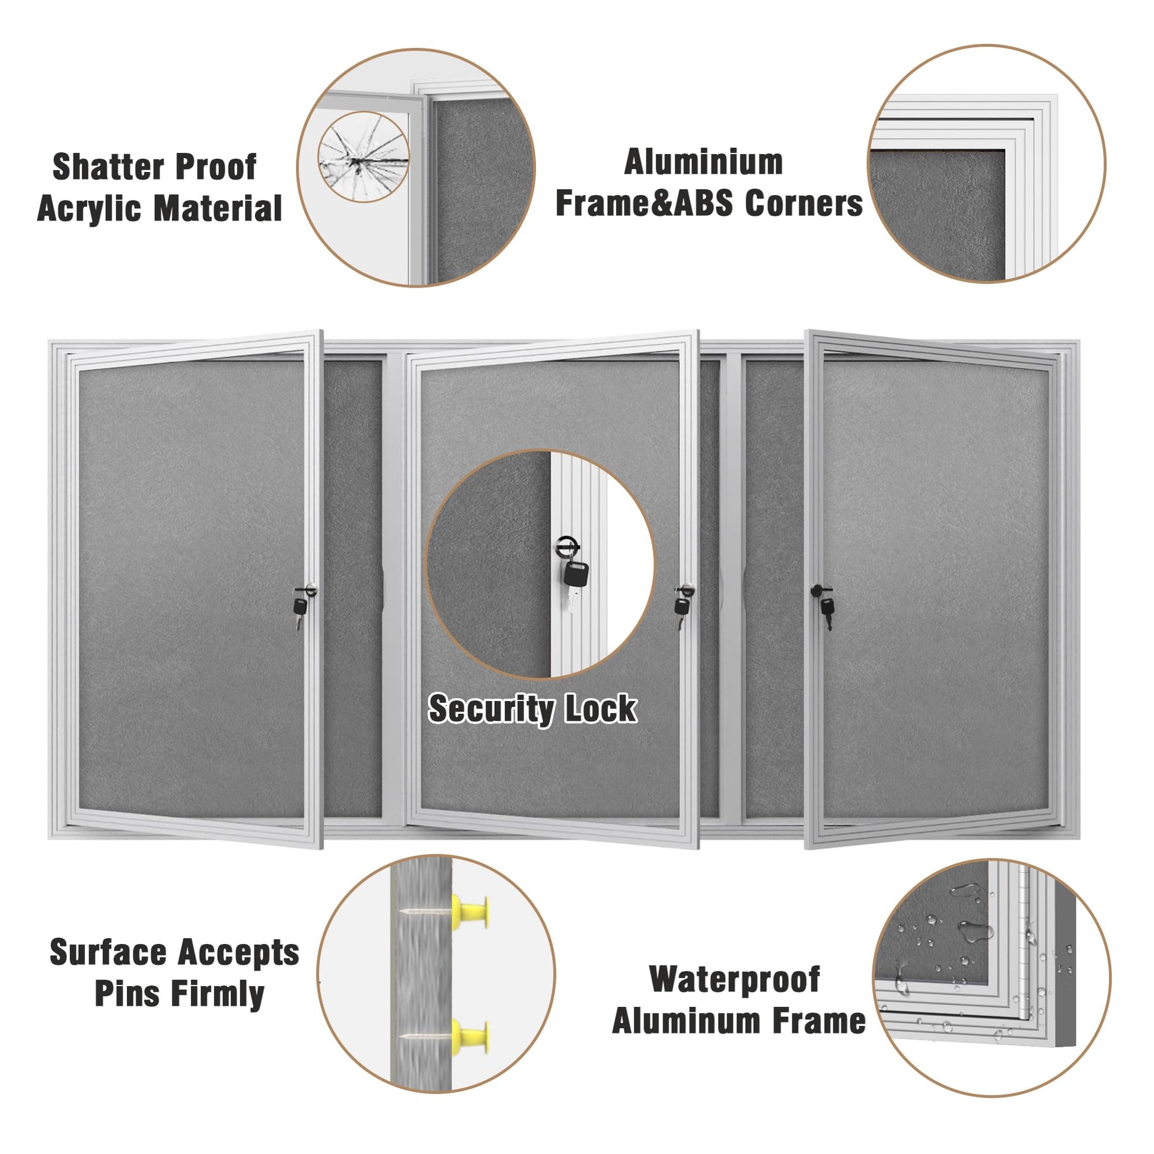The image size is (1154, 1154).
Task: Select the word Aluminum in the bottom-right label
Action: click(688, 1021)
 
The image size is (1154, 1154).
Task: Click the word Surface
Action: click(108, 952)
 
